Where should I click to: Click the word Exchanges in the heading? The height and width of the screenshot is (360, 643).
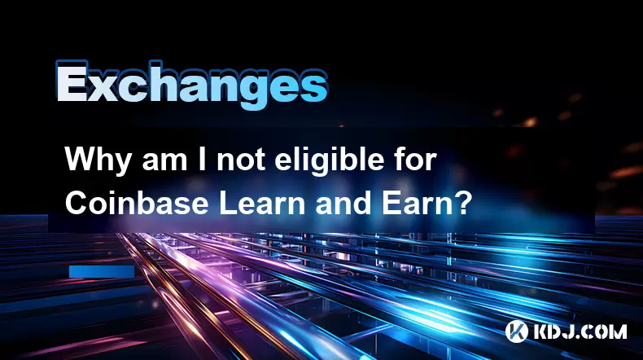point(191,85)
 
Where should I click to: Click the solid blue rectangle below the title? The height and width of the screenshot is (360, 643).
point(102,271)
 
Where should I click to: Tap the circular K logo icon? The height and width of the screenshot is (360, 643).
point(516,331)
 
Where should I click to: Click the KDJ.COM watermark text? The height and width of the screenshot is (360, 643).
point(580,331)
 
